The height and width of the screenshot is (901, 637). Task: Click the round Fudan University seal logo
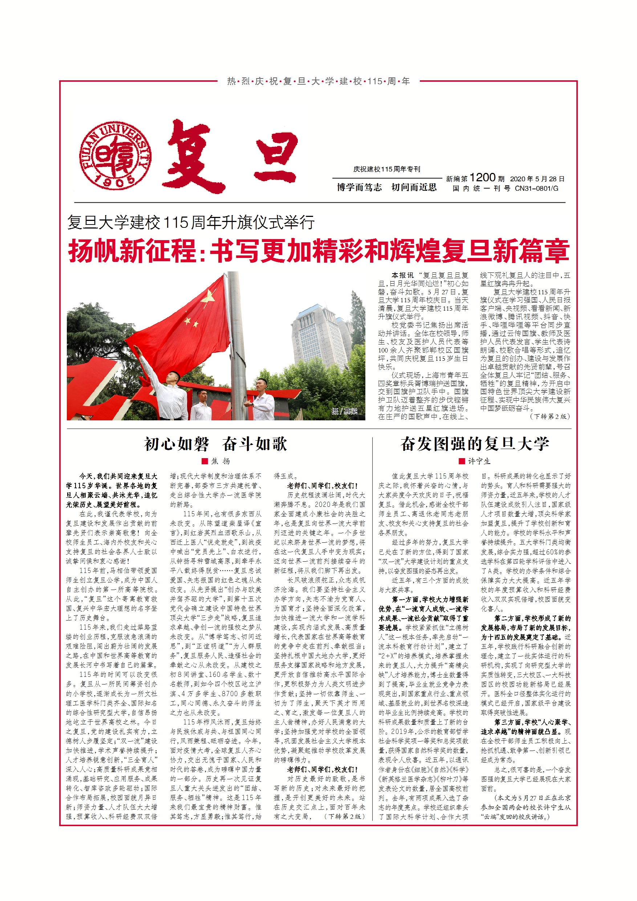(115, 155)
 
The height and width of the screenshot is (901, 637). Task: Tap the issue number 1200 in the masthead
(482, 178)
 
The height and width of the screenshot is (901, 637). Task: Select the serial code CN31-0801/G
(536, 188)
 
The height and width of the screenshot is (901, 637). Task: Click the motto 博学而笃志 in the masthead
(359, 187)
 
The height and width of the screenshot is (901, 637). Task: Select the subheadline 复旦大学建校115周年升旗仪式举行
(191, 222)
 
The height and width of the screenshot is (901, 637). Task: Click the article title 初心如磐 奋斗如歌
(216, 444)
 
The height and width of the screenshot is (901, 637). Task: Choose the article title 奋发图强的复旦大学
(475, 444)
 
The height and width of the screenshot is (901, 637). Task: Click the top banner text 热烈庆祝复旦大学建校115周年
(318, 81)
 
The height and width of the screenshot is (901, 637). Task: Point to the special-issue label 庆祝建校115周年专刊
(386, 169)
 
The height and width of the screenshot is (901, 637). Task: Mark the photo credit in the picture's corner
(344, 411)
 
